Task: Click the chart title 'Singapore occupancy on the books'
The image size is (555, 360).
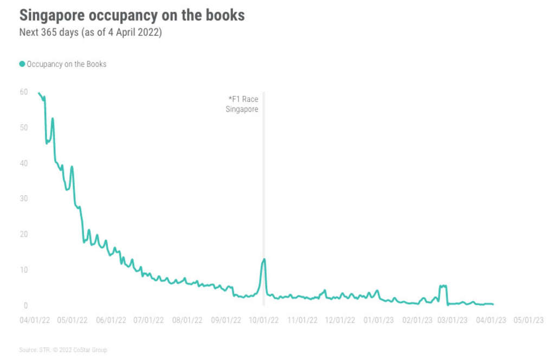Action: pyautogui.click(x=132, y=15)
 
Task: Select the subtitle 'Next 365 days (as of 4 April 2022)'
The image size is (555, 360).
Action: pyautogui.click(x=91, y=32)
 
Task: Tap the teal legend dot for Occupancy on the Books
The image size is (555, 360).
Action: pyautogui.click(x=22, y=64)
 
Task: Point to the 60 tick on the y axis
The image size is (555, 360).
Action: pyautogui.click(x=24, y=92)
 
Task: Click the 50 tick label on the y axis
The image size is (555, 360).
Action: pyautogui.click(x=24, y=127)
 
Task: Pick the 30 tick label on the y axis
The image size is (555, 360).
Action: pyautogui.click(x=24, y=198)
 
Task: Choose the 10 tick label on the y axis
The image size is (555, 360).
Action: pyautogui.click(x=24, y=269)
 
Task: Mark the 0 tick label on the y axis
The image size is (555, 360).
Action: pyautogui.click(x=25, y=305)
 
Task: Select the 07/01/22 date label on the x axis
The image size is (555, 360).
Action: pyautogui.click(x=149, y=320)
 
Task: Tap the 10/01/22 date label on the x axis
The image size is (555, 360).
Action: pyautogui.click(x=263, y=320)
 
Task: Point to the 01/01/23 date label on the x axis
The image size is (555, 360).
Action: pyautogui.click(x=378, y=320)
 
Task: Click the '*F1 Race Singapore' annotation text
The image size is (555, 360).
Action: pyautogui.click(x=242, y=104)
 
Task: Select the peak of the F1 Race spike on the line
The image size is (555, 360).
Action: pyautogui.click(x=264, y=259)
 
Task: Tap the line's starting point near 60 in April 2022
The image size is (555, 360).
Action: pyautogui.click(x=38, y=93)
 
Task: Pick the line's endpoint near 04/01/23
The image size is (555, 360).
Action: pyautogui.click(x=493, y=304)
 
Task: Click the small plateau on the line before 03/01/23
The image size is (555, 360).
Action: pyautogui.click(x=443, y=286)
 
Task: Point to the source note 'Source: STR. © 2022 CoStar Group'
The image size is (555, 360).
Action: pyautogui.click(x=63, y=350)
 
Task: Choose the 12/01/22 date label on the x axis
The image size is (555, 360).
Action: pyautogui.click(x=340, y=320)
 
